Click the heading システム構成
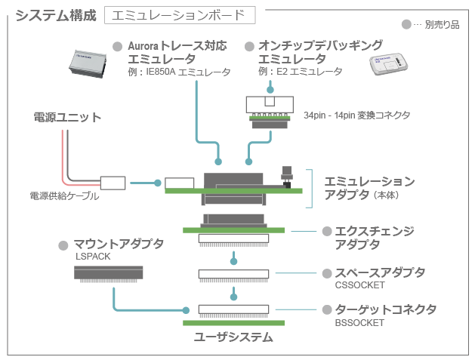55,14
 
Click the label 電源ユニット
67,117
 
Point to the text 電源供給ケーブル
64,196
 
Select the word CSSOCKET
359,285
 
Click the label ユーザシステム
233,337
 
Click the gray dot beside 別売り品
407,25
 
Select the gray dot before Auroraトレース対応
117,47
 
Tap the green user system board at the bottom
233,323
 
